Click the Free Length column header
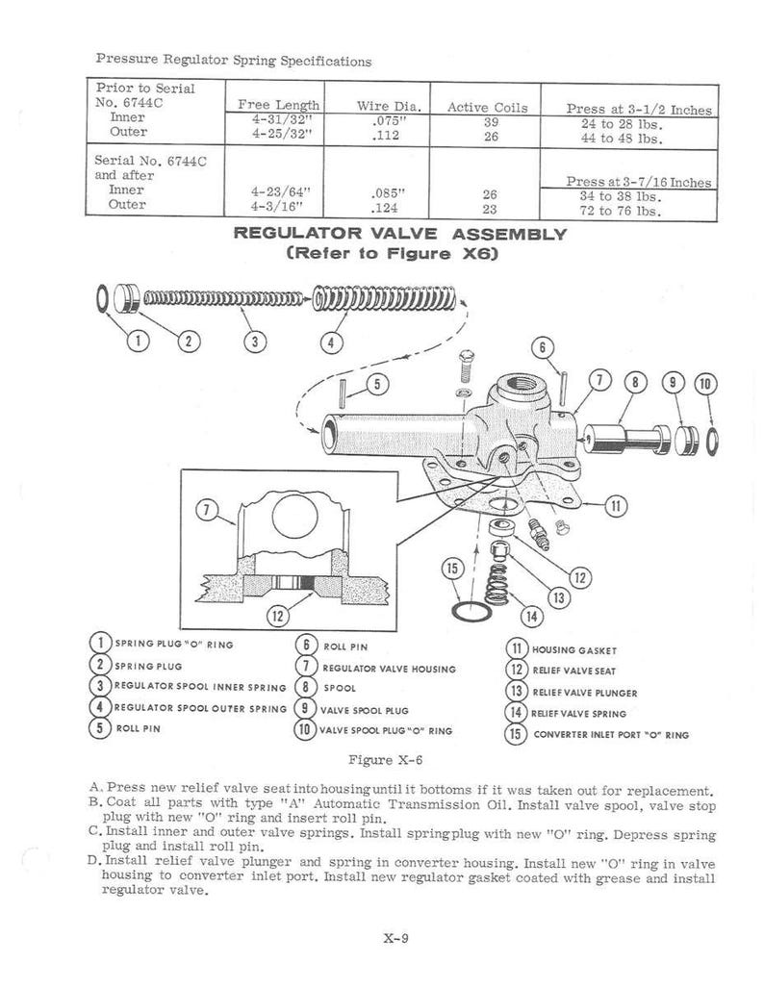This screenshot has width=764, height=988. coord(278,105)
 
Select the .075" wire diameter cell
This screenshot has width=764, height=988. coord(387,119)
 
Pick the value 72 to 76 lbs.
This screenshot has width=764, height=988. coord(621,211)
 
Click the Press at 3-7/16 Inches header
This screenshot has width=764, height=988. coord(639,182)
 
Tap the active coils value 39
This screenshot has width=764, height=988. coord(491,121)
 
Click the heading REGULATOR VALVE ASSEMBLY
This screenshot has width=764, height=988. coord(400,233)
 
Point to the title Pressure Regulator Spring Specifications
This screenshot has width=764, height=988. coord(234,61)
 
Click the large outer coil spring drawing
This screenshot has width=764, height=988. coord(384,298)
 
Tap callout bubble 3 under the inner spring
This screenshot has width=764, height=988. coord(255,342)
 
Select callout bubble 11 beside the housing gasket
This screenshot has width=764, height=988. coord(616,504)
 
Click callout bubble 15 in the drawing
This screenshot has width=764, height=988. coord(452,569)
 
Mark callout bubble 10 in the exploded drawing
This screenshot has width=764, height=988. coord(705,384)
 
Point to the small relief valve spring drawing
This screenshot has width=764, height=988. coord(496,584)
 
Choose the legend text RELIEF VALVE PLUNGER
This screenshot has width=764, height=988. coord(584,693)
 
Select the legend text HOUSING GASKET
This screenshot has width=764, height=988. coord(574,650)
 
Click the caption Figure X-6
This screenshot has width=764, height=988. coord(385,760)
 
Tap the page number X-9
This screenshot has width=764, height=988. coord(395,938)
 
